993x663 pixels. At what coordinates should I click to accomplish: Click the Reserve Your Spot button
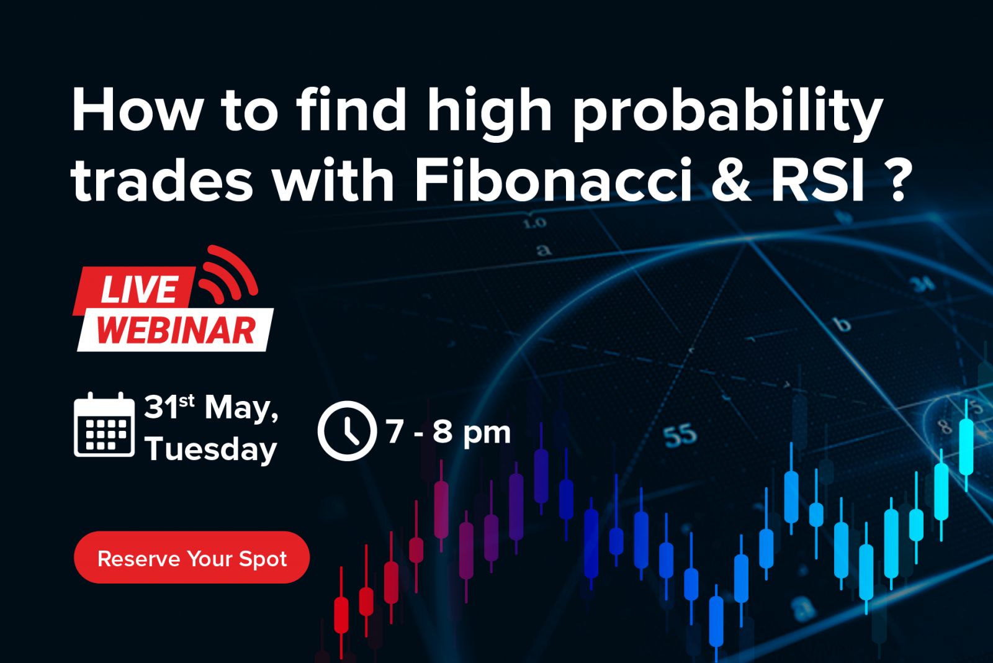192,557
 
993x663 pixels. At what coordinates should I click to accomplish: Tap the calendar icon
104,425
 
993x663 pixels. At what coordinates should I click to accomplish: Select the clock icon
347,431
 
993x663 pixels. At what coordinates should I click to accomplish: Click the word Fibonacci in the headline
553,180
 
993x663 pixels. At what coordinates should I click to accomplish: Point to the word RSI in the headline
818,180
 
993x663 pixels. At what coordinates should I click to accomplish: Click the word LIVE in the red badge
140,289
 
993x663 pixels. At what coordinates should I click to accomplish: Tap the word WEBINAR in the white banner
176,330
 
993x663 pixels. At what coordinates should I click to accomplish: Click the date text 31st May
211,408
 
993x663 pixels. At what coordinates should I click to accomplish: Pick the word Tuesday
211,449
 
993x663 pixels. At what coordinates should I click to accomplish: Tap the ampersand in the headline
731,180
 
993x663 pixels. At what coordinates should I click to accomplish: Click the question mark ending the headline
899,180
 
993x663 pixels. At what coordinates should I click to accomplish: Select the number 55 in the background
680,435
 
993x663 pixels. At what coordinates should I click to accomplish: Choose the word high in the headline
489,112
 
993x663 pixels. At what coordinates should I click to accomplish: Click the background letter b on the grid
843,324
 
